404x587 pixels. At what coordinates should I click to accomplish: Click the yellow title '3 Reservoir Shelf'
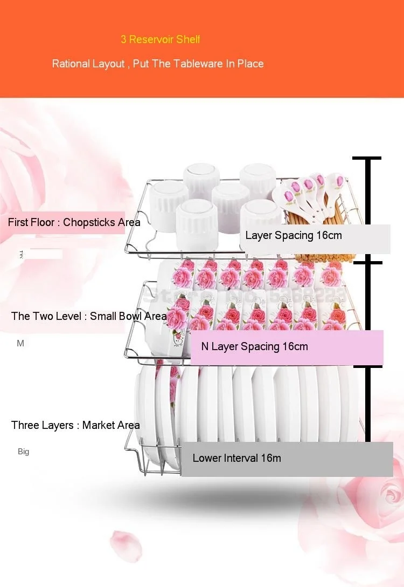pyautogui.click(x=161, y=39)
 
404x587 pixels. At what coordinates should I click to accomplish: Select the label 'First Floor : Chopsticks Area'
pyautogui.click(x=74, y=222)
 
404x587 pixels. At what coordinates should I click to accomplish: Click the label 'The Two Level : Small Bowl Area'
pyautogui.click(x=89, y=316)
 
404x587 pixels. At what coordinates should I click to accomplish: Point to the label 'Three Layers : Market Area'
pyautogui.click(x=75, y=425)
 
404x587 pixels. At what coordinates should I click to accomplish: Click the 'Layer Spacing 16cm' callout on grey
pyautogui.click(x=294, y=236)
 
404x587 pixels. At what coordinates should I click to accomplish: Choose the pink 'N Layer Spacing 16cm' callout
pyautogui.click(x=255, y=346)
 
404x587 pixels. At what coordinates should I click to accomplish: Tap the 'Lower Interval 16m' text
pyautogui.click(x=237, y=458)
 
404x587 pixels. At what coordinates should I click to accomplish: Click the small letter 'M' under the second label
pyautogui.click(x=20, y=343)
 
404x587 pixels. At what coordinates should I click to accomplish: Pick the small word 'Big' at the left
pyautogui.click(x=23, y=452)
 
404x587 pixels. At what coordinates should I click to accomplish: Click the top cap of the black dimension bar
pyautogui.click(x=367, y=158)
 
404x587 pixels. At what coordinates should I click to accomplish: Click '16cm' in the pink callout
pyautogui.click(x=295, y=346)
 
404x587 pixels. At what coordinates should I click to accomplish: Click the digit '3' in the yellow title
pyautogui.click(x=123, y=39)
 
